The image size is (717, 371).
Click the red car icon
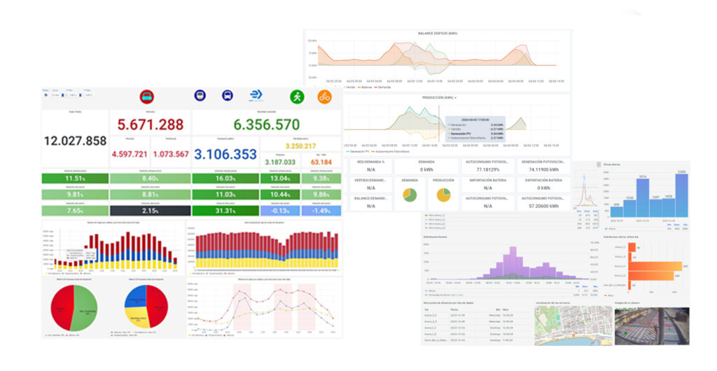(148, 97)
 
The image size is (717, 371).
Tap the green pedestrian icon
(297, 97)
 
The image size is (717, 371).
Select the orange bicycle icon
(325, 97)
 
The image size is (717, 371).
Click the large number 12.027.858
(75, 141)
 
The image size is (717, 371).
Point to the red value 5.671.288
(151, 125)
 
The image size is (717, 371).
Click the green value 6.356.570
(266, 125)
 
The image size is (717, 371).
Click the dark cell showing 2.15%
(150, 211)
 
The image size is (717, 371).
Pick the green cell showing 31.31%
(225, 211)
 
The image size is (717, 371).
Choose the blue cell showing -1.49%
(321, 211)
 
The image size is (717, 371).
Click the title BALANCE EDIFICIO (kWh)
(438, 34)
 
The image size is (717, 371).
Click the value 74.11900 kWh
(543, 169)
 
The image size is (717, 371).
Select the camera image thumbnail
(651, 325)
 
